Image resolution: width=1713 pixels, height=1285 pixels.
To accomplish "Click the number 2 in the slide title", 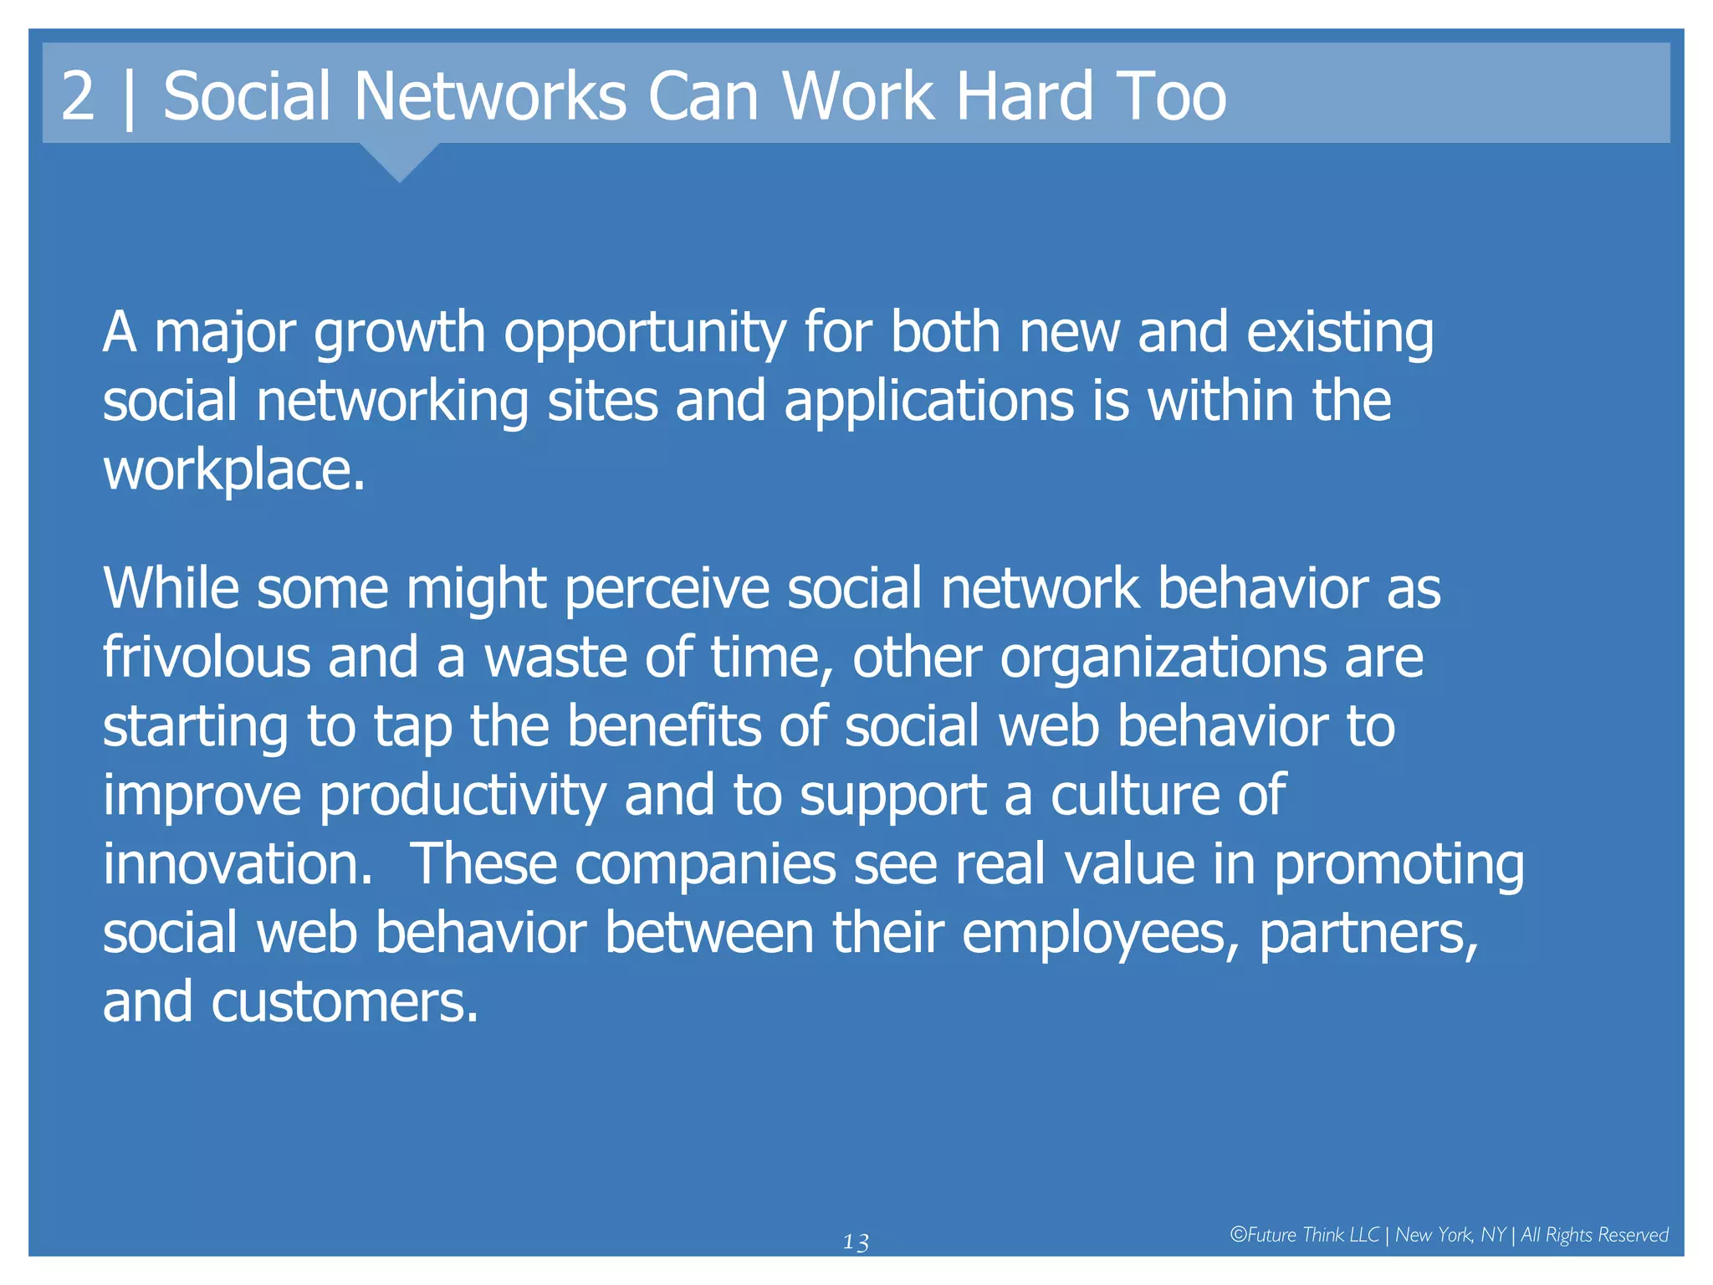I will (78, 96).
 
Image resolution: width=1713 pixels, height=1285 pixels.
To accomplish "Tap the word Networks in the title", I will (490, 96).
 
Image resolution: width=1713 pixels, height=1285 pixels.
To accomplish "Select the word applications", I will (928, 402).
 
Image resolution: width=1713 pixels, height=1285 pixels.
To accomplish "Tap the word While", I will (171, 589).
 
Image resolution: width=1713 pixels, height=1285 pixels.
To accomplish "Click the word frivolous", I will (207, 658).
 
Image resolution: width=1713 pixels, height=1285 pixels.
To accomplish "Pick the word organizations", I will (1163, 658).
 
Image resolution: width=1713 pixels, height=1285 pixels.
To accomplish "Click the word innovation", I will (237, 864).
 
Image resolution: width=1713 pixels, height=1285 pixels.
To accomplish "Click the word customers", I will (344, 1003).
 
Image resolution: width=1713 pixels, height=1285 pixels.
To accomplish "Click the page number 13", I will (856, 1242).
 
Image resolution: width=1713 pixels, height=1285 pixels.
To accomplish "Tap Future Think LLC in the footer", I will (1304, 1235).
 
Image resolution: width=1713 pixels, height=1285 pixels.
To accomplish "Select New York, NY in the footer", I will (1450, 1235).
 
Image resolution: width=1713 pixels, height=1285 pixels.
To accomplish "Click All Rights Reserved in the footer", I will (1594, 1235).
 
